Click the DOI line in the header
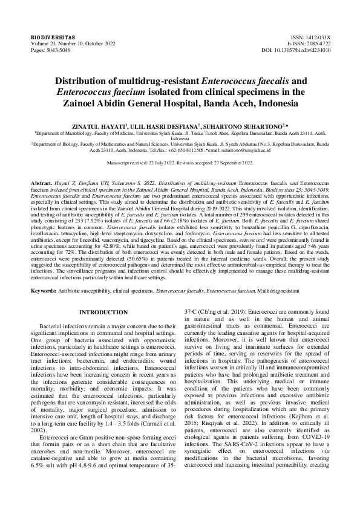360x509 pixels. pyautogui.click(x=296, y=50)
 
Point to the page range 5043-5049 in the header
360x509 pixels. pyautogui.click(x=64, y=50)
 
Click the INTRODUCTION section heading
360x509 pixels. pyautogui.click(x=104, y=312)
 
